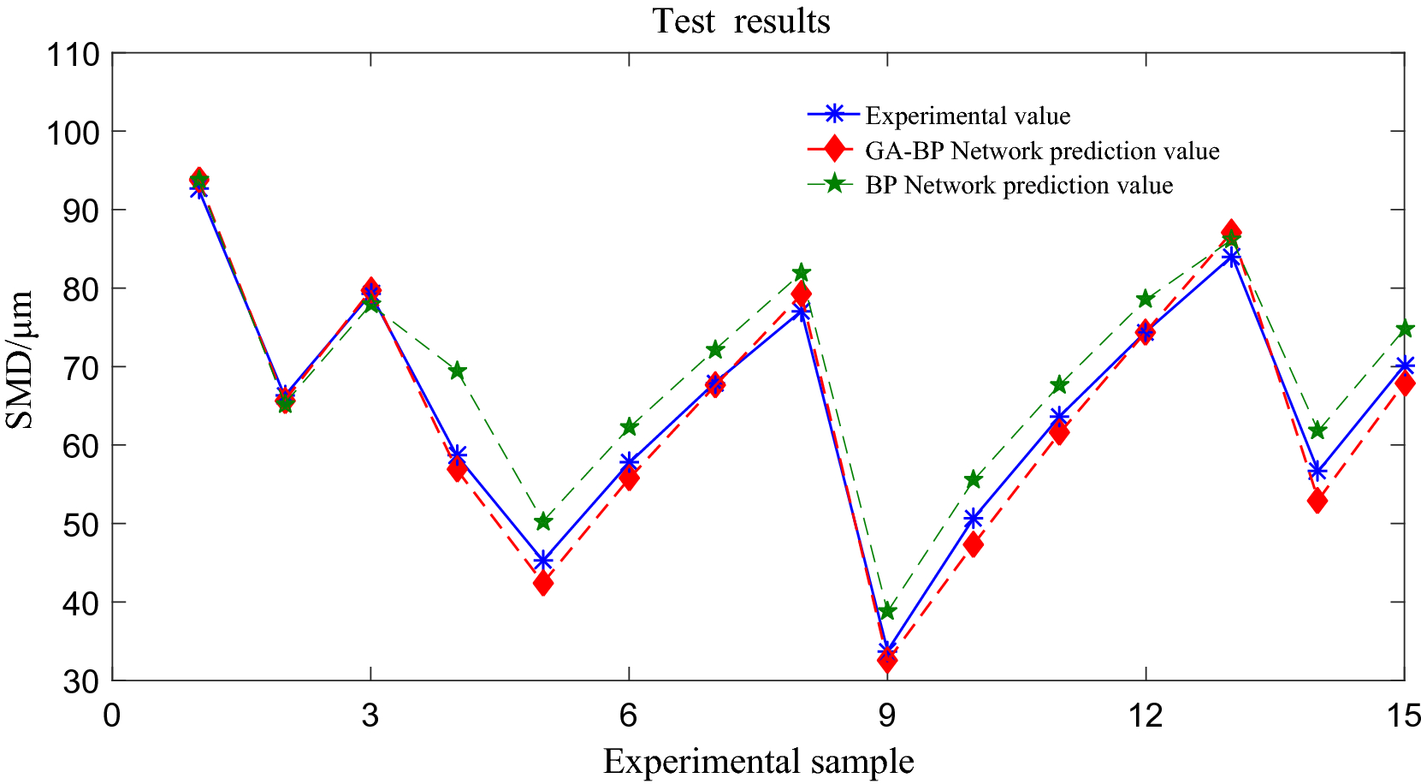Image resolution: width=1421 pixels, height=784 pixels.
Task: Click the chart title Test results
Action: pos(741,21)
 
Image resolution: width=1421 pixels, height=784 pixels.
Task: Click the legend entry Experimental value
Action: pos(967,116)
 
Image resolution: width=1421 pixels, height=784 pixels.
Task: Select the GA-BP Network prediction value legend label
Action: pos(1041,151)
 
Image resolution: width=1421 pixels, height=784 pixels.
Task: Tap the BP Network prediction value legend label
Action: pos(1018,185)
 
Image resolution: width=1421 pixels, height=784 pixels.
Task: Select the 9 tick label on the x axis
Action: pos(887,716)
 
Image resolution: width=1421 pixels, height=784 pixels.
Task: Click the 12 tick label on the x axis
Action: pos(1145,716)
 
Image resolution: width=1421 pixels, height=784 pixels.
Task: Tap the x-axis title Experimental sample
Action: pos(758,761)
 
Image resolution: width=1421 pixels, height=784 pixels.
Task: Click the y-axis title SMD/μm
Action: pos(21,359)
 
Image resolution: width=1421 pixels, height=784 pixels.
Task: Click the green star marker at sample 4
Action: pos(457,371)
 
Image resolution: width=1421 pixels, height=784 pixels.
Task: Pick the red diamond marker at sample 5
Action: pos(542,583)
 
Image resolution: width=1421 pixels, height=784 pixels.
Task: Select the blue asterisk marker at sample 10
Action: pos(973,519)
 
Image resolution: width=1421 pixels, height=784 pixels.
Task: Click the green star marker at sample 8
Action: pos(801,272)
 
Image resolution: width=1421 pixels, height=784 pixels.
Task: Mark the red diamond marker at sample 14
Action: pos(1317,502)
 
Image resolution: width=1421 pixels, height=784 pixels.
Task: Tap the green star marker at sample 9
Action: pos(887,610)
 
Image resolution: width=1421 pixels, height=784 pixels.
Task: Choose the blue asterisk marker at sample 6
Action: pos(629,462)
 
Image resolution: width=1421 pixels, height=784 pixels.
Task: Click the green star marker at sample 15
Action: pos(1404,329)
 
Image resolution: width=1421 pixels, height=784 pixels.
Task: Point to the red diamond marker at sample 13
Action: pos(1231,231)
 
